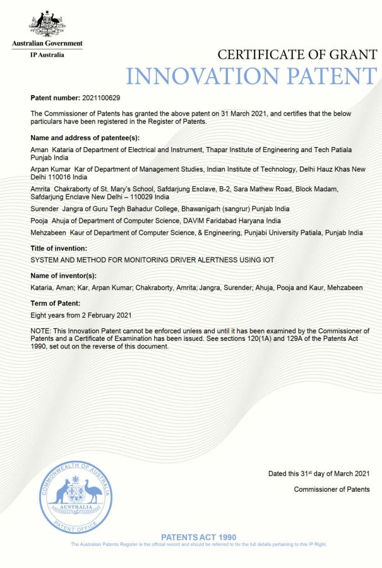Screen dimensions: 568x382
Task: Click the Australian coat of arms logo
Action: [47, 24]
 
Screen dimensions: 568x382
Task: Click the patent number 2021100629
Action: [102, 98]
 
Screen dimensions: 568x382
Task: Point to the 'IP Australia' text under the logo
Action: [47, 55]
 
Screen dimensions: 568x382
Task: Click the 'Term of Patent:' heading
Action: [57, 303]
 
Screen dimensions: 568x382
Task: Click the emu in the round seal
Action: [94, 490]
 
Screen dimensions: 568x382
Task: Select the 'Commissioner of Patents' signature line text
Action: [331, 490]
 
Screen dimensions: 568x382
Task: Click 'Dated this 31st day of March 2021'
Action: [319, 474]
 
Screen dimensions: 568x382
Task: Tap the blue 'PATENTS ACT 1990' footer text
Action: [199, 536]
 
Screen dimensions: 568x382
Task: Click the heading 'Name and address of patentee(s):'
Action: [85, 138]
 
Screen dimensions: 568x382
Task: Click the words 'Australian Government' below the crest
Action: [47, 44]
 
